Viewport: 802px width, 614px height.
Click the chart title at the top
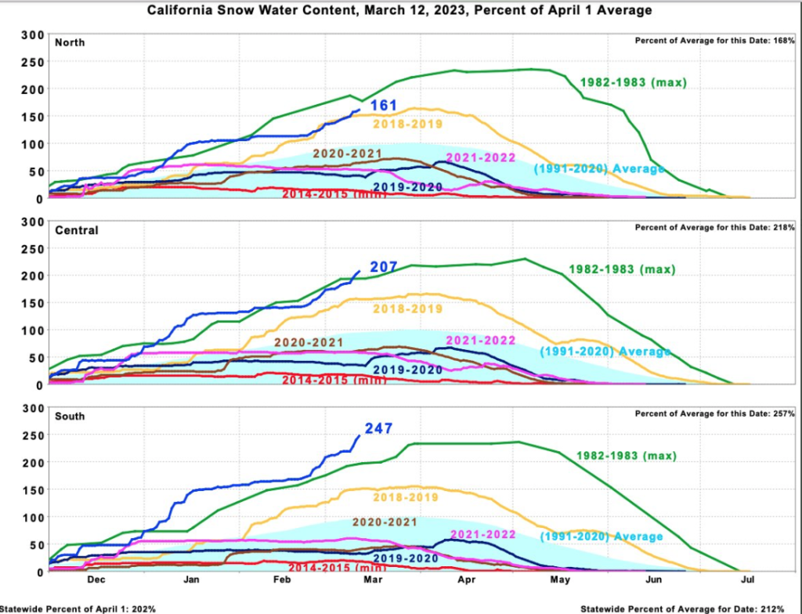pyautogui.click(x=399, y=10)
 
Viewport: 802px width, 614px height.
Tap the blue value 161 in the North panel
pyautogui.click(x=384, y=106)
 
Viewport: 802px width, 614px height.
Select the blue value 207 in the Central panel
pyautogui.click(x=384, y=266)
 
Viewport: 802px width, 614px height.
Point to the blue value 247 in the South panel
pyautogui.click(x=378, y=428)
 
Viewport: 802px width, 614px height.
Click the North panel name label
pyautogui.click(x=70, y=42)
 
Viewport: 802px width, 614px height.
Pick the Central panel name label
pyautogui.click(x=76, y=230)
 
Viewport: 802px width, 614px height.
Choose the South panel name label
pyautogui.click(x=70, y=417)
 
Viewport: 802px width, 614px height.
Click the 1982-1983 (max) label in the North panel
pyautogui.click(x=633, y=82)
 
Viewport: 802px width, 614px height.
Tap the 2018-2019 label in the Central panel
pyautogui.click(x=407, y=309)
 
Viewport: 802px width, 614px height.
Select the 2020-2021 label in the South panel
pyautogui.click(x=385, y=522)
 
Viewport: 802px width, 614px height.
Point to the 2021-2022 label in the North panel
pyautogui.click(x=481, y=158)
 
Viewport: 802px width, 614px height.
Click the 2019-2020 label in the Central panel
pyautogui.click(x=407, y=370)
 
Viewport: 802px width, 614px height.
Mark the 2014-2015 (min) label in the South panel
pyautogui.click(x=337, y=568)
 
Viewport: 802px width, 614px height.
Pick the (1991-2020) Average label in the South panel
pyautogui.click(x=601, y=536)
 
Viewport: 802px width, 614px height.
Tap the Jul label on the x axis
pyautogui.click(x=747, y=580)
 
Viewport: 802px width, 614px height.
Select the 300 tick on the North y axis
pyautogui.click(x=31, y=35)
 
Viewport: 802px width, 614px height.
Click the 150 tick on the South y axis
pyautogui.click(x=31, y=489)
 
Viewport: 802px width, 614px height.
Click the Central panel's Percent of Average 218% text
pyautogui.click(x=715, y=227)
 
